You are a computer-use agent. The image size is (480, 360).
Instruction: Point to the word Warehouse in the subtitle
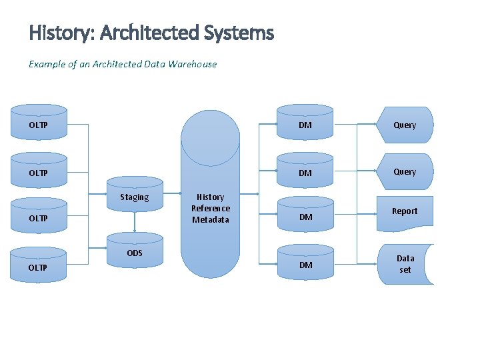[x=193, y=64]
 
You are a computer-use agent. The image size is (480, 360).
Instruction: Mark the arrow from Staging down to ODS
[x=135, y=222]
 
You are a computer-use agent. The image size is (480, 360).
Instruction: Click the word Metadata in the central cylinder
[x=210, y=219]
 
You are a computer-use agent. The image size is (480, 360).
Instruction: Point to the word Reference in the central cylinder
[x=210, y=208]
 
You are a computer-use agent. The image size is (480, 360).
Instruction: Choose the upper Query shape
[x=405, y=125]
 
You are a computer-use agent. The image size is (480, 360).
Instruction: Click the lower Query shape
[x=405, y=171]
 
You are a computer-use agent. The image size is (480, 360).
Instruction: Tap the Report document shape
[x=405, y=212]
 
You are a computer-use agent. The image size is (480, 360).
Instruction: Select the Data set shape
[x=405, y=264]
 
